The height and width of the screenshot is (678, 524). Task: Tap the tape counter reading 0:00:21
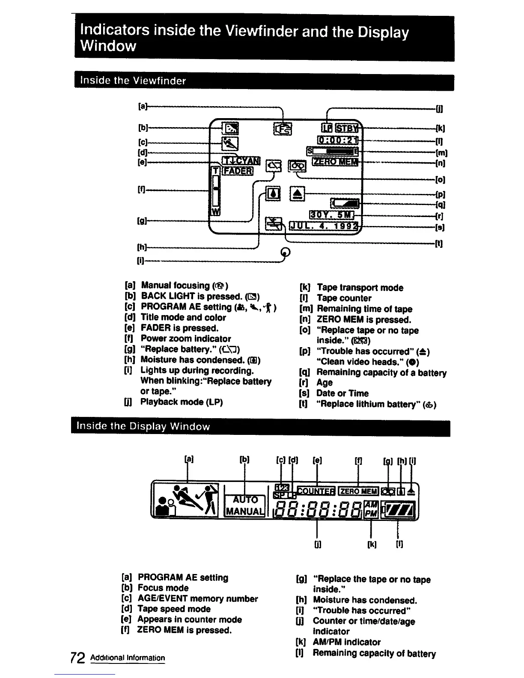tap(337, 140)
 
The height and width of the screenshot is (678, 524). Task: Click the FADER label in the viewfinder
tap(237, 171)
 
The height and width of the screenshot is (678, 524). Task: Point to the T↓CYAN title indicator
tap(241, 161)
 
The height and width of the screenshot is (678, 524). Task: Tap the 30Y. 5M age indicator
tap(332, 214)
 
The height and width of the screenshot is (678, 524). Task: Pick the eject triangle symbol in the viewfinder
tap(298, 194)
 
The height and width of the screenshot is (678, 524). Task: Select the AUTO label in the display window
tap(245, 500)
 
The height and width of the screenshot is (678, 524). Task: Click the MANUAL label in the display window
tap(245, 511)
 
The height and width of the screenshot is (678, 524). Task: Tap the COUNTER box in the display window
tap(316, 491)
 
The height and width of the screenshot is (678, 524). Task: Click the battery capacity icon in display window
tap(399, 510)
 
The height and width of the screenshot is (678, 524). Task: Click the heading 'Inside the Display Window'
tap(143, 426)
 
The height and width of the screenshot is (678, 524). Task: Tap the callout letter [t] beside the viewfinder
tap(438, 244)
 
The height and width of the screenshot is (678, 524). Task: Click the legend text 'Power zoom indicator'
tap(186, 339)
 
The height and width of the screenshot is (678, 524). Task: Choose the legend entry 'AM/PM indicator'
tap(346, 642)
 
